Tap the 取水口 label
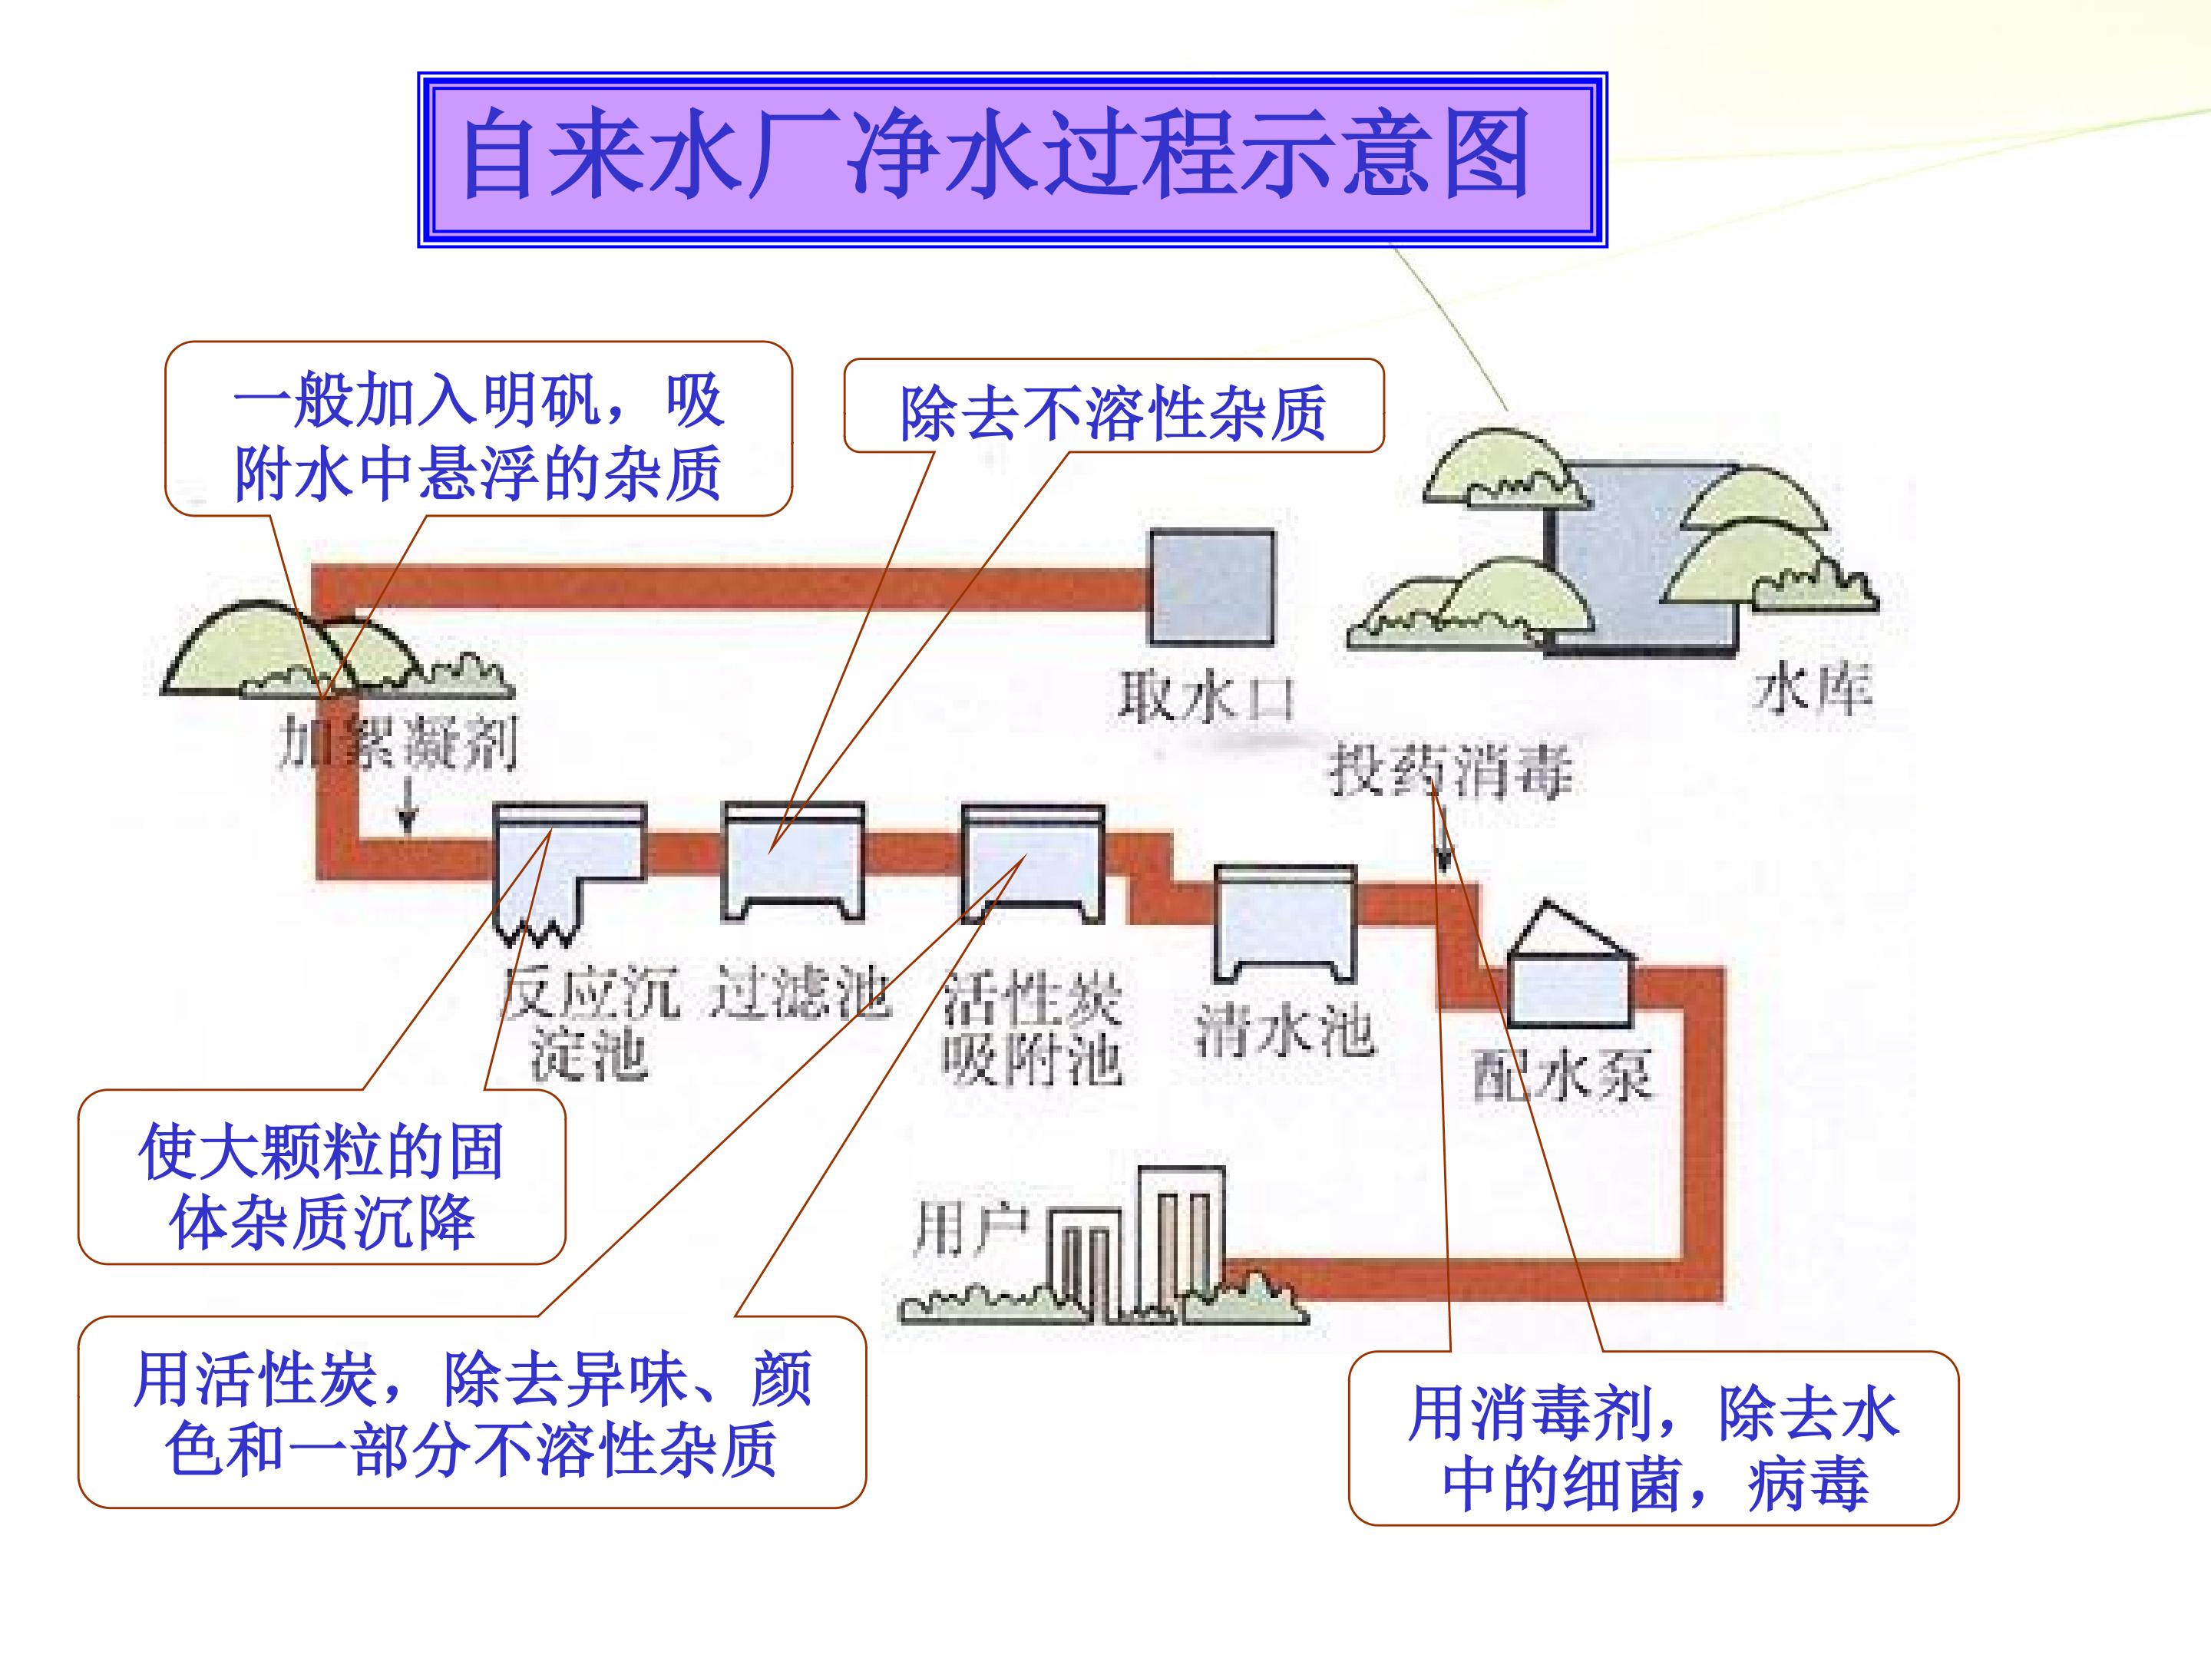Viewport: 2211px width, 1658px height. [x=1205, y=698]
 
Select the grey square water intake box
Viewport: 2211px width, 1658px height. [x=1211, y=588]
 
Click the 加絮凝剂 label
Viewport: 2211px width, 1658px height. [x=398, y=745]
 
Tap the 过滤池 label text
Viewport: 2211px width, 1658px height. [x=800, y=993]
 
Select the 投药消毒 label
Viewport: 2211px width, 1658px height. [x=1449, y=771]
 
